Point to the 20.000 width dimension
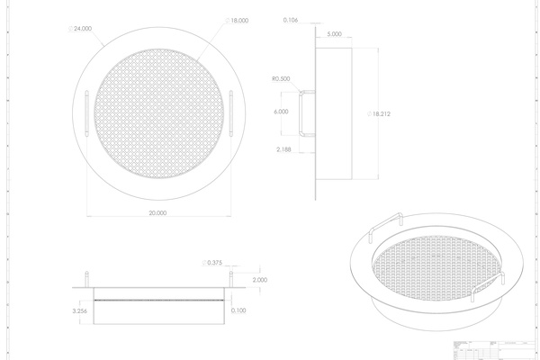pos(157,213)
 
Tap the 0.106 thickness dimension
pos(291,19)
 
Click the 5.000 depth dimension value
pos(335,34)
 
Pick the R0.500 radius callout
pos(279,78)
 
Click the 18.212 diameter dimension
pos(382,114)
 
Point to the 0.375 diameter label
pos(214,263)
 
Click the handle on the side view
pos(307,112)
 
